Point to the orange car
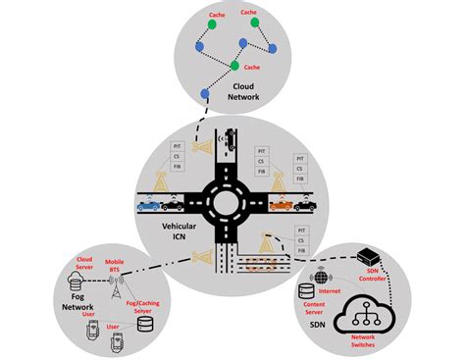(283, 205)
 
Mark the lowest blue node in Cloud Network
(204, 93)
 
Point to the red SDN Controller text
(372, 276)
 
